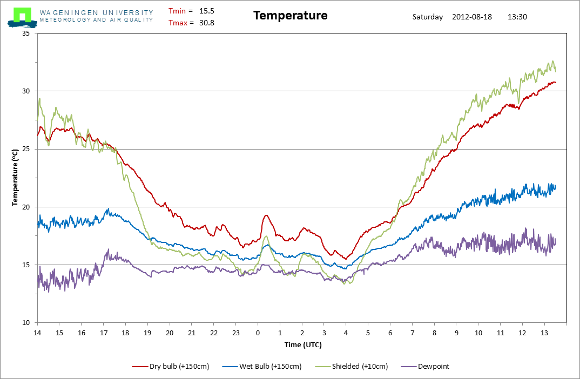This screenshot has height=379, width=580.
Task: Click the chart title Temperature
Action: click(291, 16)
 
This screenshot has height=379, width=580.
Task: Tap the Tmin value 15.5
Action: click(207, 11)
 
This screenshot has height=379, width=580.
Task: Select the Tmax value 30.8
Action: click(207, 23)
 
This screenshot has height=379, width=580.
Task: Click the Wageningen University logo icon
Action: click(22, 17)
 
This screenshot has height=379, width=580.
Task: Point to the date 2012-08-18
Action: click(472, 17)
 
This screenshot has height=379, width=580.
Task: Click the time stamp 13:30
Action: click(517, 17)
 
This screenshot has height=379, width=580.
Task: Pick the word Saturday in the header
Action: click(428, 17)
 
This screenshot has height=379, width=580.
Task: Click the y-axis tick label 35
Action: click(26, 33)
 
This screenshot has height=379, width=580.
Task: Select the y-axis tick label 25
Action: click(26, 149)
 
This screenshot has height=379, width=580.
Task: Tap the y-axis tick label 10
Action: click(26, 323)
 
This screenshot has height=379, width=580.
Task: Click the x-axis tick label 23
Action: click(236, 333)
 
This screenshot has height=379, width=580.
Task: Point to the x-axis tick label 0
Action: click(258, 333)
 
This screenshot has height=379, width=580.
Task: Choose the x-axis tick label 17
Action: click(104, 333)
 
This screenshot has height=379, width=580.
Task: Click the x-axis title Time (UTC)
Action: click(303, 344)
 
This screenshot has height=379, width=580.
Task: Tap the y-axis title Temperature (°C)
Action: click(15, 178)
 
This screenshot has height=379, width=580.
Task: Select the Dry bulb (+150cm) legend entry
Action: click(171, 367)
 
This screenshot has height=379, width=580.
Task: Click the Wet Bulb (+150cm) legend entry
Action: click(262, 367)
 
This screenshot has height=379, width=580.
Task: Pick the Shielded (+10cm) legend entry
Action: click(352, 367)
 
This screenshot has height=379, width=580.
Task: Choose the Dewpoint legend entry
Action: click(424, 367)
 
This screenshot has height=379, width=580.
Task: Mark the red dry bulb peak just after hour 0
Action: click(266, 215)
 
